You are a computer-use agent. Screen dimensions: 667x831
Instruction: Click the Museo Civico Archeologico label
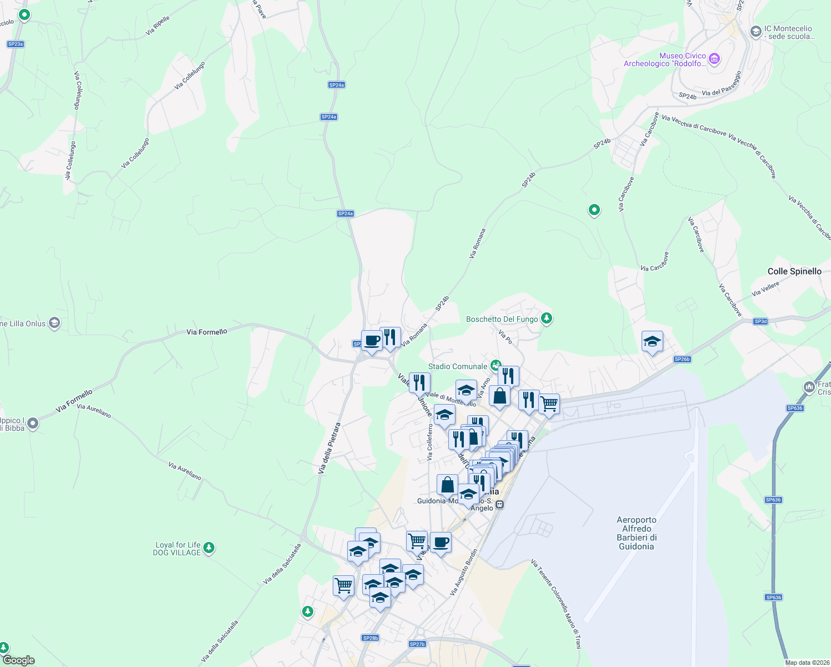click(x=664, y=59)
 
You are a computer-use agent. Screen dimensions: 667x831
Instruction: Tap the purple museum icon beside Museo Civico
click(x=714, y=59)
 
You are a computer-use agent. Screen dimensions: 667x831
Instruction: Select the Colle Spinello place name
click(x=794, y=271)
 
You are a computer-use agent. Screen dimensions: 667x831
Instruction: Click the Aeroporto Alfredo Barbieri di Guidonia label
click(x=637, y=533)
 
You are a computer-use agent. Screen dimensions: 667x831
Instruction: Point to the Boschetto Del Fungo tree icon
click(x=547, y=318)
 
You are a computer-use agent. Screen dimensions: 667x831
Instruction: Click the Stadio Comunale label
click(x=457, y=367)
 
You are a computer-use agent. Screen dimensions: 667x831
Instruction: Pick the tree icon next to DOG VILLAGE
click(x=209, y=547)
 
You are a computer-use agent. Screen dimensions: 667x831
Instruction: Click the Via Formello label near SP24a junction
click(x=207, y=332)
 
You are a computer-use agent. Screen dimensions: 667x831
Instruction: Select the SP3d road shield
click(x=760, y=321)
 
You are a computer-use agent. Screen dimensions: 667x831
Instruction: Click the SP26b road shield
click(x=682, y=359)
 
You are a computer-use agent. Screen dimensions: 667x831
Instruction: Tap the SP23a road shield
click(x=16, y=44)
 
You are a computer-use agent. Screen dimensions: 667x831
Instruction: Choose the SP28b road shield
click(x=371, y=638)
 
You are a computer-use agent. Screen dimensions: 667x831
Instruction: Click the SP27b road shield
click(x=417, y=644)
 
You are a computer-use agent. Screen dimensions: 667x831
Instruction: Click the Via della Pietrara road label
click(x=329, y=449)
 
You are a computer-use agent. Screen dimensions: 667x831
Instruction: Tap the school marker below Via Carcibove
click(x=652, y=341)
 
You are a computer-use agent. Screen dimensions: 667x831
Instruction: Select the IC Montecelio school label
click(x=788, y=32)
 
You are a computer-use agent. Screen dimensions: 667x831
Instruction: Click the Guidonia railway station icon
click(x=500, y=505)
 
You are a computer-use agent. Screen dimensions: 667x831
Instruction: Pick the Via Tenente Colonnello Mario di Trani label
click(x=556, y=603)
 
